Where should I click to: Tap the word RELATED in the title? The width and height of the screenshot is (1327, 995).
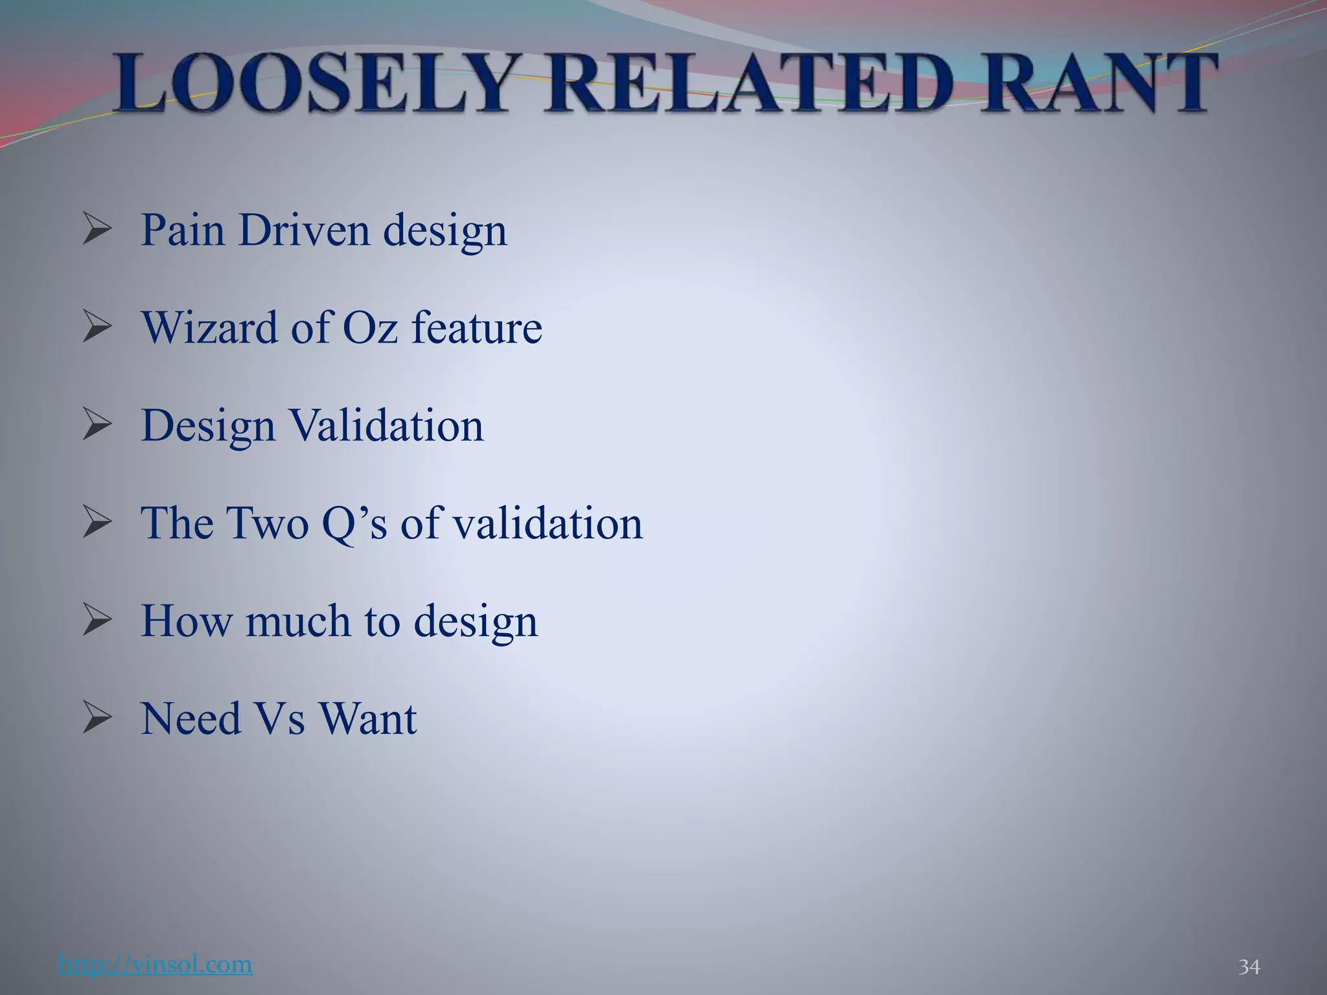[x=748, y=84]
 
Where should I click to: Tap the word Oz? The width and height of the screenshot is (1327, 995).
[x=369, y=327]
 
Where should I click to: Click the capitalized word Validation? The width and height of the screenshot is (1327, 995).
[x=386, y=426]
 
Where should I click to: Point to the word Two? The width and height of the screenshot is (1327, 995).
[x=266, y=523]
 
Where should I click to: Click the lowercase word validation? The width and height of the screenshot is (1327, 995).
[x=547, y=523]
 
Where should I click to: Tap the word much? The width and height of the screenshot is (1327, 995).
[x=298, y=621]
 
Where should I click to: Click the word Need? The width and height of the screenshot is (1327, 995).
[x=190, y=718]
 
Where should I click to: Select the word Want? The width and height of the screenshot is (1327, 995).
[x=367, y=718]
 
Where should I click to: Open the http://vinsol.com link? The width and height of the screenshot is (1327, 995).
[x=155, y=964]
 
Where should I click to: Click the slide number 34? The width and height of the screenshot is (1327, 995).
[x=1249, y=967]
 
